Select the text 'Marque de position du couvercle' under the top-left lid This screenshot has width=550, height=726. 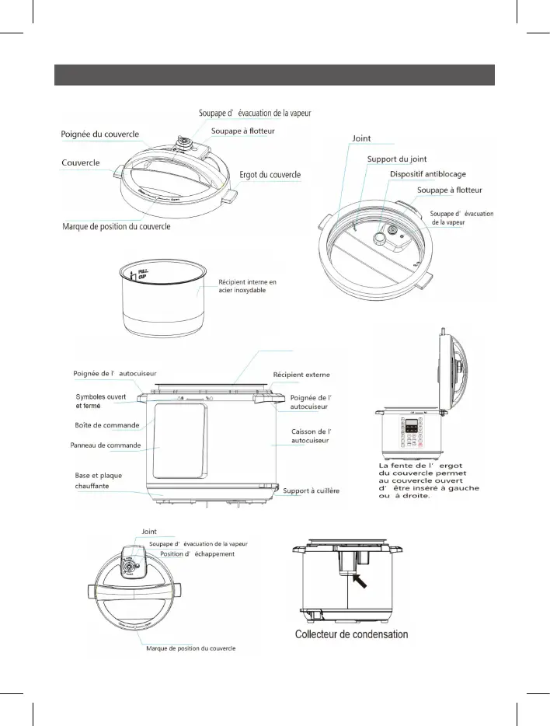coord(116,227)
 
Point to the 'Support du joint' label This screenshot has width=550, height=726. coord(396,159)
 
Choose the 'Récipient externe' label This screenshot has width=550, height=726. coord(305,375)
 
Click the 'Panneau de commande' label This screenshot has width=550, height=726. coord(106,445)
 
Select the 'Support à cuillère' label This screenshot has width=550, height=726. coord(312,491)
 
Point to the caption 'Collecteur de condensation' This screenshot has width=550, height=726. coord(351,634)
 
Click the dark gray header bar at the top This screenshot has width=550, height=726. coord(274,75)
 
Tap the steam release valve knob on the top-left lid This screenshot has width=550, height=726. coord(186,141)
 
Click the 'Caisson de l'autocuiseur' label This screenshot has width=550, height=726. coord(312,436)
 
